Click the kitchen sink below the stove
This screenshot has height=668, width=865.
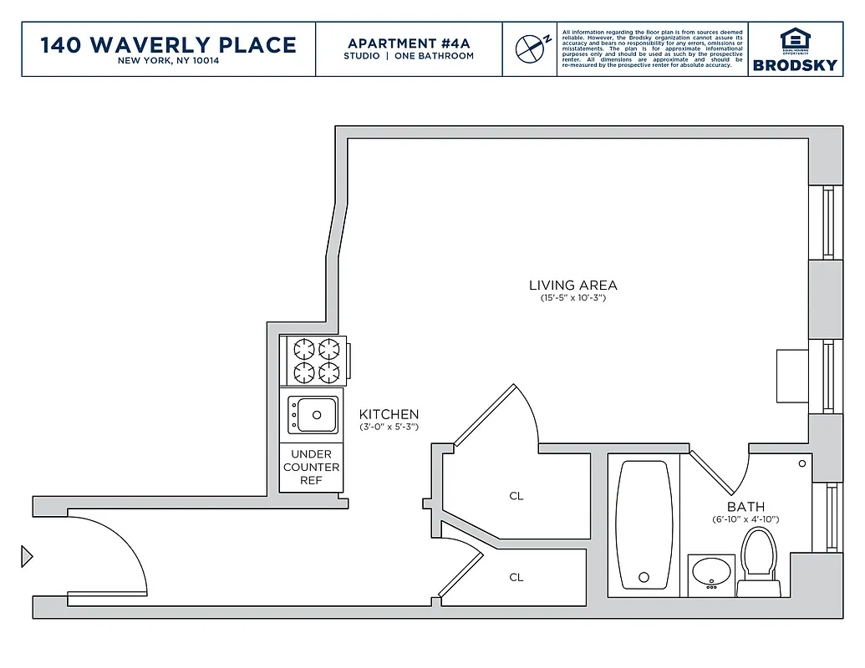coord(313,414)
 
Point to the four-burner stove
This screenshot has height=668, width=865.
coord(314,360)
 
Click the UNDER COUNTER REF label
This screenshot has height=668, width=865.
coord(311,468)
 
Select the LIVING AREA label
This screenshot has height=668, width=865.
coord(572,285)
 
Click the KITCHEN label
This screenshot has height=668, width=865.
coord(389,414)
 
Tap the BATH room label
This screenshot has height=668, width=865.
coord(745,507)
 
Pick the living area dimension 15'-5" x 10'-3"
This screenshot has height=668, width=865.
coord(572,298)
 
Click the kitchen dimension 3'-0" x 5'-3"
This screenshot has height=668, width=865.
coord(389,428)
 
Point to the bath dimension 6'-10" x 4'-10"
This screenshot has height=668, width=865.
coord(745,519)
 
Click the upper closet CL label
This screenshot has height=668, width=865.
coord(516,496)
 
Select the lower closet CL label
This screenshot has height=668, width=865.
coord(516,577)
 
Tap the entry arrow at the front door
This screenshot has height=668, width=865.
coord(27,555)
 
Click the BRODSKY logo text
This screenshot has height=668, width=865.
coord(794,65)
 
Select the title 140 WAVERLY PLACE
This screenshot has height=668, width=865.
coord(169,44)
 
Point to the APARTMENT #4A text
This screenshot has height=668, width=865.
coord(409,43)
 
